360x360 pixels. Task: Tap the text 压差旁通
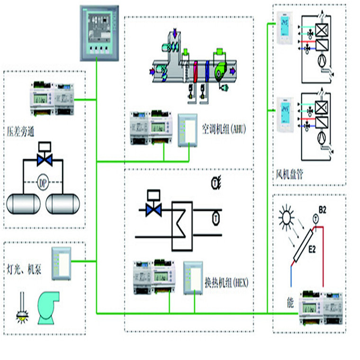22,129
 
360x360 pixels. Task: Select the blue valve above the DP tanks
45,160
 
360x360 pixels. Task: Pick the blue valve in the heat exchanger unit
154,209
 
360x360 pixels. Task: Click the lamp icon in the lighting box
21,308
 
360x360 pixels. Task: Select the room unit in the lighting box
61,260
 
